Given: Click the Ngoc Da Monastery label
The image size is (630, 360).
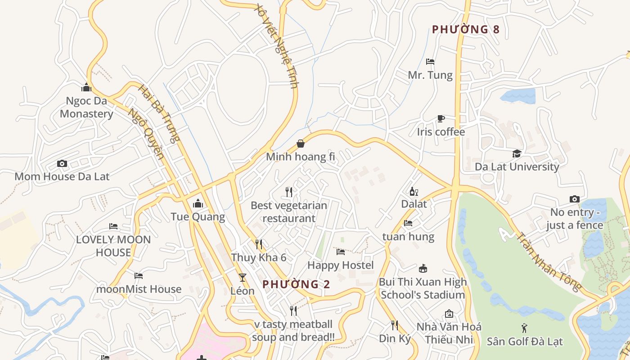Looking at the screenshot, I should point(86,107).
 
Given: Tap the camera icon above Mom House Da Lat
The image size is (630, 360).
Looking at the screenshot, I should point(62,164).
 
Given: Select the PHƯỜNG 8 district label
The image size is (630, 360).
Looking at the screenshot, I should point(465,30).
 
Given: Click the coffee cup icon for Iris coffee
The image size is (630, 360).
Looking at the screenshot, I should point(441,118).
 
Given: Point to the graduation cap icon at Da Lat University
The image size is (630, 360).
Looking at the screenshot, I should point(517,153).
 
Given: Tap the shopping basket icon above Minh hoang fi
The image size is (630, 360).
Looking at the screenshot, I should point(300,144).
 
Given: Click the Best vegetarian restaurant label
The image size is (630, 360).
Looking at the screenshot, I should point(289,212).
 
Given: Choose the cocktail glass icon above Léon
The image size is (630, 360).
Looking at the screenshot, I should point(243,278).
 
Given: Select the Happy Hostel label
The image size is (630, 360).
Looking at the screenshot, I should point(340,265).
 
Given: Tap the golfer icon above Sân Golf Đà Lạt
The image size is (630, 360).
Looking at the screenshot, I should point(525,328).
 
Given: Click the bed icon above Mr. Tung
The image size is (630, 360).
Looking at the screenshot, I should point(430,62).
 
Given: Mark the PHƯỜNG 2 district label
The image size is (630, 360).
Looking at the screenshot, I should point(296,284).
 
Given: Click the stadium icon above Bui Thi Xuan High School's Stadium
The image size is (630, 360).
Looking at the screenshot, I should point(422,269).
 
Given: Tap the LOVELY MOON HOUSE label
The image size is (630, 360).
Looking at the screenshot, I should point(113,246).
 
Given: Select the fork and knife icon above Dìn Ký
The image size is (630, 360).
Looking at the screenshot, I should point(395,325).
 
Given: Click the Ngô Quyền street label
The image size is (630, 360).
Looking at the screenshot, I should point(145,133).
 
